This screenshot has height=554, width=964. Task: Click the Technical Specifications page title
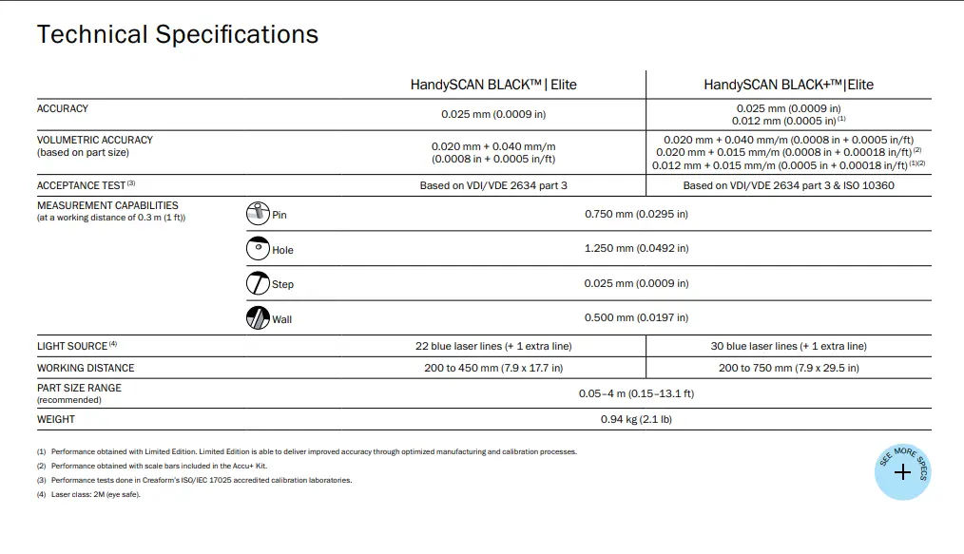coord(177,35)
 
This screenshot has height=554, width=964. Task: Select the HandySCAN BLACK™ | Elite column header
coord(493,85)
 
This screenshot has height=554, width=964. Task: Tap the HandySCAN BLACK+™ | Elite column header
coord(788,85)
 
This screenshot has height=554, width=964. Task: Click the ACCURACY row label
coord(63,109)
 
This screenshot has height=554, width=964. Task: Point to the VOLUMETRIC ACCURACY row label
coord(95,140)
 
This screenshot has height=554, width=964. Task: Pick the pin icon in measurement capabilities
coord(258,214)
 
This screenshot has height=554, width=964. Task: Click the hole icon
coord(258,249)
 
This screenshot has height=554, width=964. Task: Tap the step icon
coord(258,283)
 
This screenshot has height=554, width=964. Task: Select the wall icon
coord(258,318)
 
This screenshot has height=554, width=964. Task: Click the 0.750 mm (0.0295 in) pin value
coord(636,214)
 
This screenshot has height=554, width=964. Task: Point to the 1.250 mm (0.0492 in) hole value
coord(636,248)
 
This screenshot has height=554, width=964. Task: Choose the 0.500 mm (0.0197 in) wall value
coord(636,317)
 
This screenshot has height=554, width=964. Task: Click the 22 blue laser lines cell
coord(493,346)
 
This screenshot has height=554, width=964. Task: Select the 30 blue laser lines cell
coord(788,346)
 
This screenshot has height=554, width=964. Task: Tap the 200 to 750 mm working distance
coord(788,368)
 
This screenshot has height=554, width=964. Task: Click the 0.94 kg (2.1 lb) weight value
coord(636,419)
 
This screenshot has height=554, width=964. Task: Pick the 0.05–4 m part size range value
coord(636,393)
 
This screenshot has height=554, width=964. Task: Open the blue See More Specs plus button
coord(902,472)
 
